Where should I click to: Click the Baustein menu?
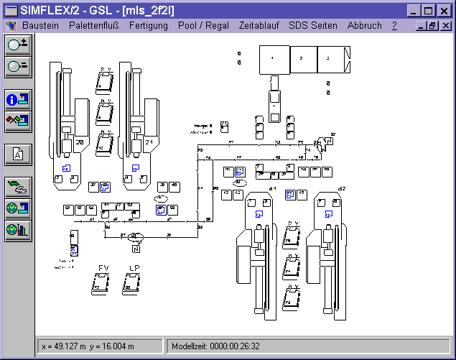point(40,25)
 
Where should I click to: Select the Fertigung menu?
point(149,25)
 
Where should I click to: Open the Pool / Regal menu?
point(204,25)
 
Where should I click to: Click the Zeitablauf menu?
point(260,25)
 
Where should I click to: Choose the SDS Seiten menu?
point(312,25)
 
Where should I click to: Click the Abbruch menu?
point(364,25)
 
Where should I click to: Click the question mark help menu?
point(394,25)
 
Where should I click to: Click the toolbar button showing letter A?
point(18,154)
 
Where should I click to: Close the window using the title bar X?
point(445,10)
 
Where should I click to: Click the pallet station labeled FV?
point(101,285)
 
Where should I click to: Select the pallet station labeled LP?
point(133,285)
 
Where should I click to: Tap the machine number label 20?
point(79,143)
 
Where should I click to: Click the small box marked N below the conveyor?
point(136,249)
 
